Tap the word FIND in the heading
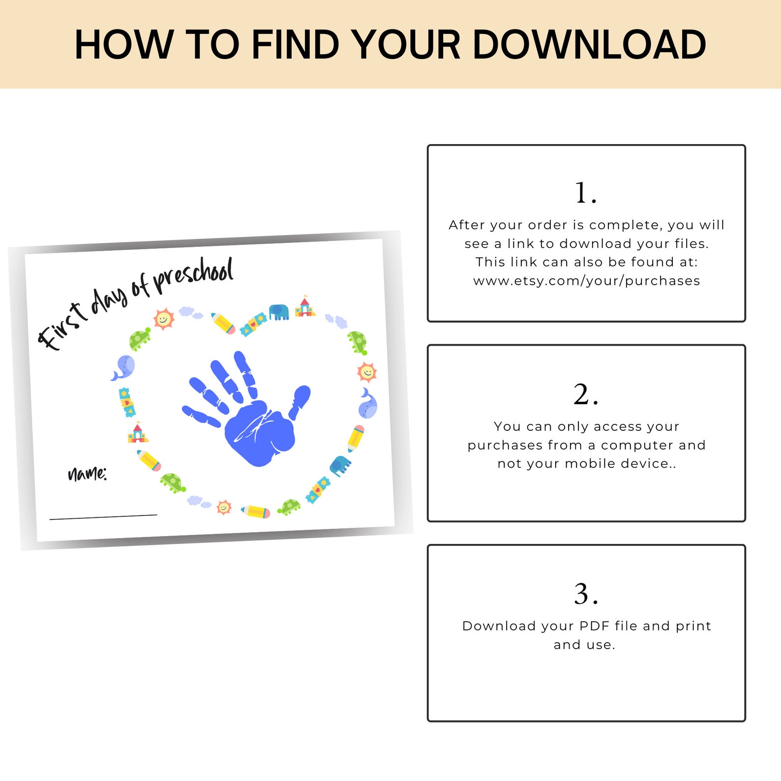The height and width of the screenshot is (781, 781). click(295, 45)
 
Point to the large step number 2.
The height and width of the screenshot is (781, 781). click(585, 394)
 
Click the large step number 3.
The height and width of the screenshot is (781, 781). click(585, 594)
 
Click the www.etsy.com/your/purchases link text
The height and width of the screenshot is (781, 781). click(586, 281)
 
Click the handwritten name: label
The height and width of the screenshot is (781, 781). click(87, 474)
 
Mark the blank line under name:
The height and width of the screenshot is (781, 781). click(103, 516)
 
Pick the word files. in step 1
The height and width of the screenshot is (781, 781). click(691, 244)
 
